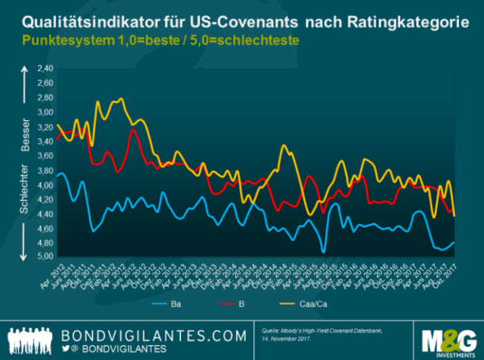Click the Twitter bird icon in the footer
(66, 350)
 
